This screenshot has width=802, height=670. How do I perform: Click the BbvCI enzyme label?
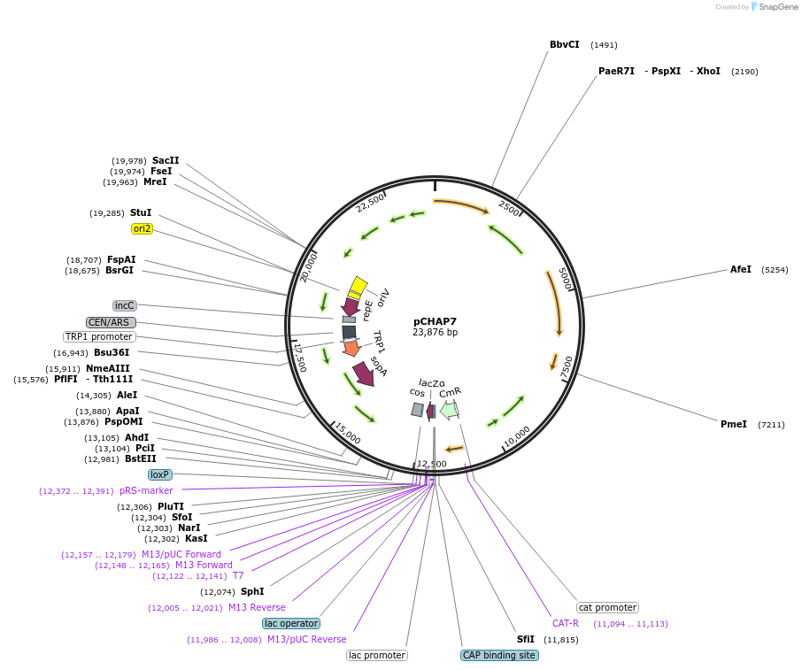(564, 44)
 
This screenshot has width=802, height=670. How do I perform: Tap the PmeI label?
(734, 424)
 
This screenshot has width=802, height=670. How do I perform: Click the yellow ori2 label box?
(142, 228)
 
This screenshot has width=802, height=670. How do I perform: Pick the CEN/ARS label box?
(111, 322)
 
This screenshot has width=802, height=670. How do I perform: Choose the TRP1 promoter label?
(99, 336)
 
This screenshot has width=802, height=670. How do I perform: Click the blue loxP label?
(159, 474)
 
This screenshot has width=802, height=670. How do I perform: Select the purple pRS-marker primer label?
(146, 490)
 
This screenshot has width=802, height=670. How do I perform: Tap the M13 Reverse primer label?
(257, 607)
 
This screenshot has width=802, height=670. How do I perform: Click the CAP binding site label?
(499, 655)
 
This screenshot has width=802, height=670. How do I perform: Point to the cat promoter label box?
(607, 607)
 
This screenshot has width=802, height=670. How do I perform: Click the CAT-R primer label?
(565, 623)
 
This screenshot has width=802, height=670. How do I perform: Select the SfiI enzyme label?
(526, 639)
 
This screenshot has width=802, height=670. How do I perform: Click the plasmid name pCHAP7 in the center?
(435, 321)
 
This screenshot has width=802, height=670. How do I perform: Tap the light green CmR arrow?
(449, 410)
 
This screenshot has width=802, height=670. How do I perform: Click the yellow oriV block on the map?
(357, 286)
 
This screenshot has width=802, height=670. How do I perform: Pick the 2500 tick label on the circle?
(508, 208)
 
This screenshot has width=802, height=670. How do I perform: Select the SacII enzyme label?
(166, 160)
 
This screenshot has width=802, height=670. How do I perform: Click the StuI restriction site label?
(141, 212)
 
